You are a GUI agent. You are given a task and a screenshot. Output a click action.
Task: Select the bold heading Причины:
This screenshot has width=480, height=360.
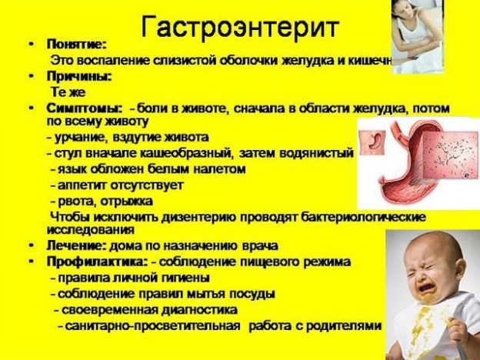coord(79,75)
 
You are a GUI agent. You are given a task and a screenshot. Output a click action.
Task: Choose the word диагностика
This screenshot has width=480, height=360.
coord(195,309)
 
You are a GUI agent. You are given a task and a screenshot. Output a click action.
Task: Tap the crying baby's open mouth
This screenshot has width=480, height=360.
coord(425,291)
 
